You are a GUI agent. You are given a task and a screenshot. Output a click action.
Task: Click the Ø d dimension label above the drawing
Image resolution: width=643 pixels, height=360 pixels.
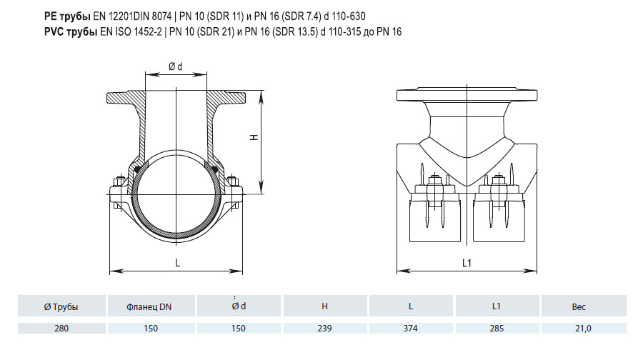pyautogui.click(x=175, y=66)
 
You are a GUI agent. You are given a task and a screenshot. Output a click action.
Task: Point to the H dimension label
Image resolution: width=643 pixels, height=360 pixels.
pyautogui.click(x=254, y=137)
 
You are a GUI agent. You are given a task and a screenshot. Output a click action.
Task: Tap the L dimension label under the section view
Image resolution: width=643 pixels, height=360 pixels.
pyautogui.click(x=178, y=263)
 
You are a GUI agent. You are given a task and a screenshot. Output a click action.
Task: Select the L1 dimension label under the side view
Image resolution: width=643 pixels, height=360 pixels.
pyautogui.click(x=467, y=263)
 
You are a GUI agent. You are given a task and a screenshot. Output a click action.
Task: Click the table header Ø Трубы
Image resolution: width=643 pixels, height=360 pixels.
pyautogui.click(x=61, y=306)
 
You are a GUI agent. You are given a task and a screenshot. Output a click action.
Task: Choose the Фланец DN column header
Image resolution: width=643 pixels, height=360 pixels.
pyautogui.click(x=149, y=306)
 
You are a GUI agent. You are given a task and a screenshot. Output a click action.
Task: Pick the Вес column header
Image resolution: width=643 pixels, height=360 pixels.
pyautogui.click(x=579, y=306)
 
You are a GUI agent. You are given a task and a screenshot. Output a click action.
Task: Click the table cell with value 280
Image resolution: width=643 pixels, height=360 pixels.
pyautogui.click(x=61, y=329)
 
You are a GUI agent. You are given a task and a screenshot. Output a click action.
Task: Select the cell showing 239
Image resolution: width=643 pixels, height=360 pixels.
pyautogui.click(x=324, y=329)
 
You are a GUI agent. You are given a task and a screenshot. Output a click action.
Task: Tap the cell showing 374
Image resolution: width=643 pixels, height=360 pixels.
pyautogui.click(x=411, y=329)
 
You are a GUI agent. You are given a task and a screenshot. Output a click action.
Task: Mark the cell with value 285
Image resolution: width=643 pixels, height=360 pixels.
pyautogui.click(x=497, y=329)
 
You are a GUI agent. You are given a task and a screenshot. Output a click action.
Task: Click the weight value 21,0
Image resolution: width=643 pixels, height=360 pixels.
pyautogui.click(x=583, y=329)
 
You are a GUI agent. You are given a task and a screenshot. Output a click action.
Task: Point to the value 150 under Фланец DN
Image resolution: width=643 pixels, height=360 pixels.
pyautogui.click(x=151, y=329)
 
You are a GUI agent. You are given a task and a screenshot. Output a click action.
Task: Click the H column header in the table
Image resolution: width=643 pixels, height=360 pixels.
pyautogui.click(x=324, y=306)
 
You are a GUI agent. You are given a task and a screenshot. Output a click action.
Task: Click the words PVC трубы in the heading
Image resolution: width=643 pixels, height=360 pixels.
pyautogui.click(x=71, y=31)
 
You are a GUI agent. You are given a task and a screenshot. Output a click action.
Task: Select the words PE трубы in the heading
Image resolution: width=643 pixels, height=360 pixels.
pyautogui.click(x=67, y=16)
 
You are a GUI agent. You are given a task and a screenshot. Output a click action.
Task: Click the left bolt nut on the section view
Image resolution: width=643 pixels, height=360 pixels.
pyautogui.click(x=120, y=181)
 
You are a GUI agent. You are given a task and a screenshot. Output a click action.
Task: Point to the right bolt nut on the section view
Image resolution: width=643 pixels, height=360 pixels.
pyautogui.click(x=232, y=181)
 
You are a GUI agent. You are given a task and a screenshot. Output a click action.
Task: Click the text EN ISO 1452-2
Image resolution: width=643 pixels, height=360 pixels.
pyautogui.click(x=131, y=31)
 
